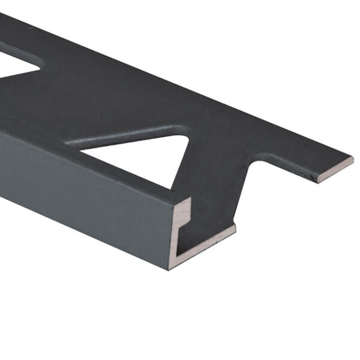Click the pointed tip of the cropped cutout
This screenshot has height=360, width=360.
40,64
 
